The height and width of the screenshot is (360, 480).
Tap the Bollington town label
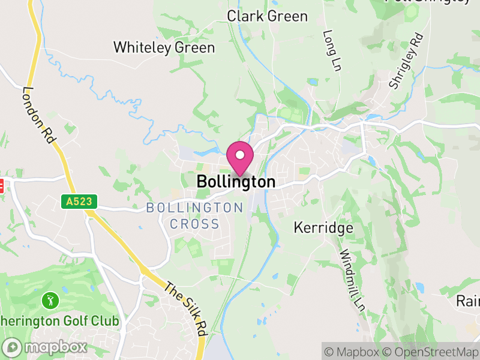pyautogui.click(x=236, y=181)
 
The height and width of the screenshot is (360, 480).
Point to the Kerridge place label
pyautogui.click(x=323, y=228)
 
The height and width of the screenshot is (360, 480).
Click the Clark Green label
pyautogui.click(x=267, y=16)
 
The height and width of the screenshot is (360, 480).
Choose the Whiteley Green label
pyautogui.click(x=164, y=47)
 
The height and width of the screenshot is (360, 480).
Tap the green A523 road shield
pyautogui.click(x=79, y=202)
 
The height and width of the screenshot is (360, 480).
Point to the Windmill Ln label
pyautogui.click(x=352, y=280)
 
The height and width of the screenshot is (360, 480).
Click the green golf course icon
pyautogui.click(x=49, y=299)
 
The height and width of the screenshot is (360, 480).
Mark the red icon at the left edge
pyautogui.click(x=1, y=186)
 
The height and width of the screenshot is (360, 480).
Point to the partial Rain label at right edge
pyautogui.click(x=467, y=300)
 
